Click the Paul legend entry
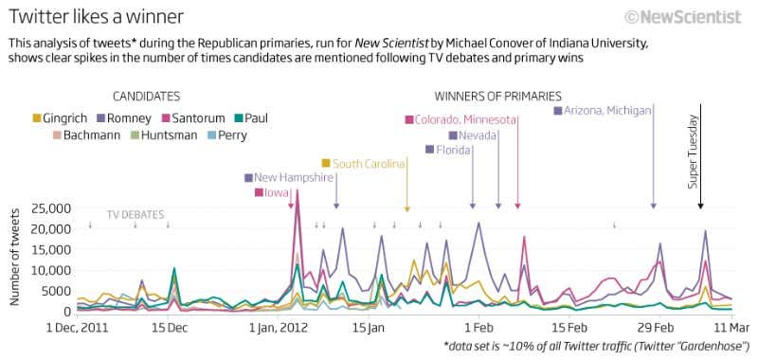251,117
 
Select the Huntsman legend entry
165,135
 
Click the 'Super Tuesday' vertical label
693,152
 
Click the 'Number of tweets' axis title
15,260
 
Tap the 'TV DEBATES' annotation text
135,214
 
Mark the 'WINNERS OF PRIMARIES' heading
497,96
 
